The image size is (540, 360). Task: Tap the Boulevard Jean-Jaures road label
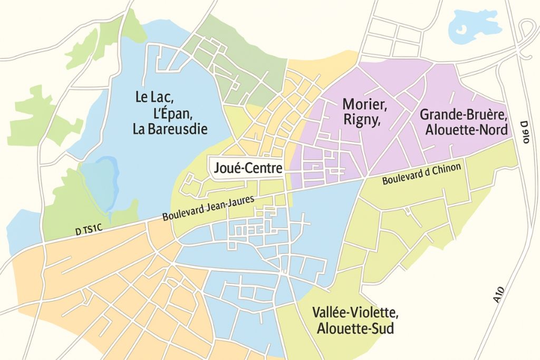(x=208, y=208)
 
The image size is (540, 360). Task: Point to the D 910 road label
(x=524, y=132)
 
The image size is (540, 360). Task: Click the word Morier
(x=365, y=104)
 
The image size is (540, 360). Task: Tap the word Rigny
(x=362, y=120)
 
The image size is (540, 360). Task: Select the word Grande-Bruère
(x=464, y=114)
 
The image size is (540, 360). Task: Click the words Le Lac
(x=155, y=97)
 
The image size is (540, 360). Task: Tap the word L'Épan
(x=163, y=113)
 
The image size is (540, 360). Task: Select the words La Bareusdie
(x=170, y=129)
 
